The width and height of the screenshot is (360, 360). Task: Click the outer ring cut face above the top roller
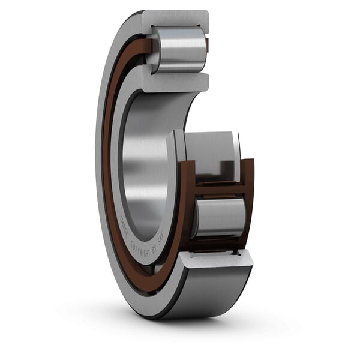click(x=177, y=17)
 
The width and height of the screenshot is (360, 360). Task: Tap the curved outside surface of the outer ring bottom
click(x=198, y=294)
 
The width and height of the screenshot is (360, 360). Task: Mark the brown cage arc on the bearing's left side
click(x=107, y=168)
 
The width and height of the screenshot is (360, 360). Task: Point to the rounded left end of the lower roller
click(x=197, y=217)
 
